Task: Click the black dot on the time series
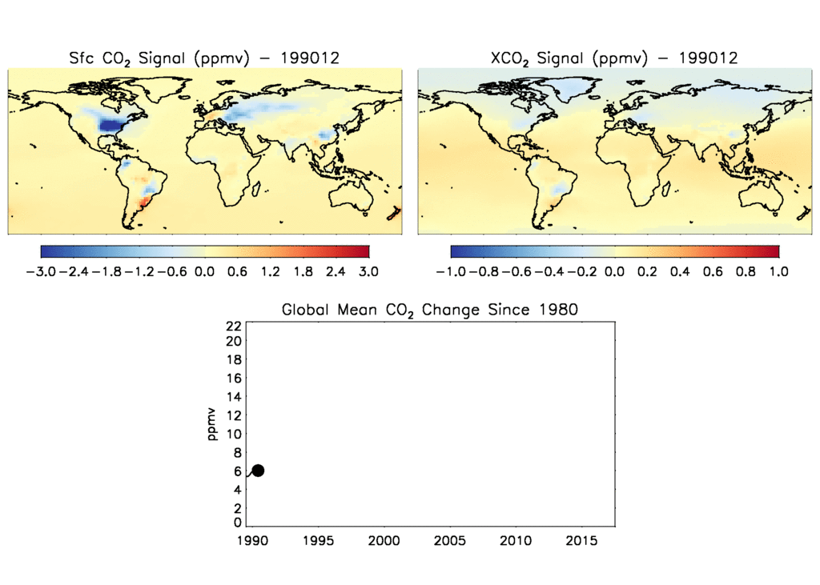pyautogui.click(x=258, y=471)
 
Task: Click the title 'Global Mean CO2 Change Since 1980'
pyautogui.click(x=429, y=310)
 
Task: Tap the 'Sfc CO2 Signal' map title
pyautogui.click(x=203, y=58)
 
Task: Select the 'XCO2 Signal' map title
pyautogui.click(x=613, y=58)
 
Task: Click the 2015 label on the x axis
pyautogui.click(x=581, y=541)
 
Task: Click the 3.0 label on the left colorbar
pyautogui.click(x=368, y=272)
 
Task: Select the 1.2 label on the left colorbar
pyautogui.click(x=270, y=272)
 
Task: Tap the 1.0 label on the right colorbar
pyautogui.click(x=778, y=272)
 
